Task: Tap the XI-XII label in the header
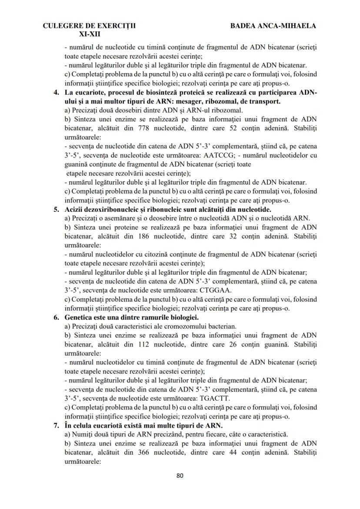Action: coord(90,33)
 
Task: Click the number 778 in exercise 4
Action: coord(145,129)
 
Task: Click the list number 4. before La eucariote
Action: coord(57,95)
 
